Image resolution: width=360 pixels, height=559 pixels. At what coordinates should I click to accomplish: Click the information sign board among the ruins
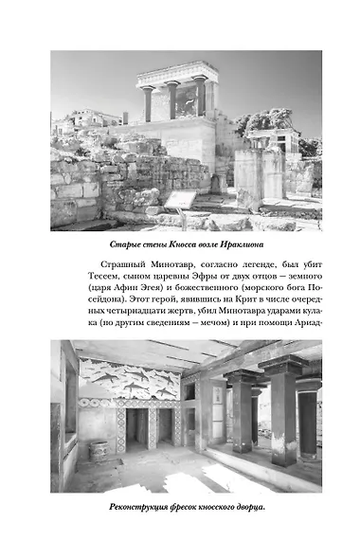point(180,198)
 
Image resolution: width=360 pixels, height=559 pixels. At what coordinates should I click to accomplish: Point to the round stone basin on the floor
point(98,450)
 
